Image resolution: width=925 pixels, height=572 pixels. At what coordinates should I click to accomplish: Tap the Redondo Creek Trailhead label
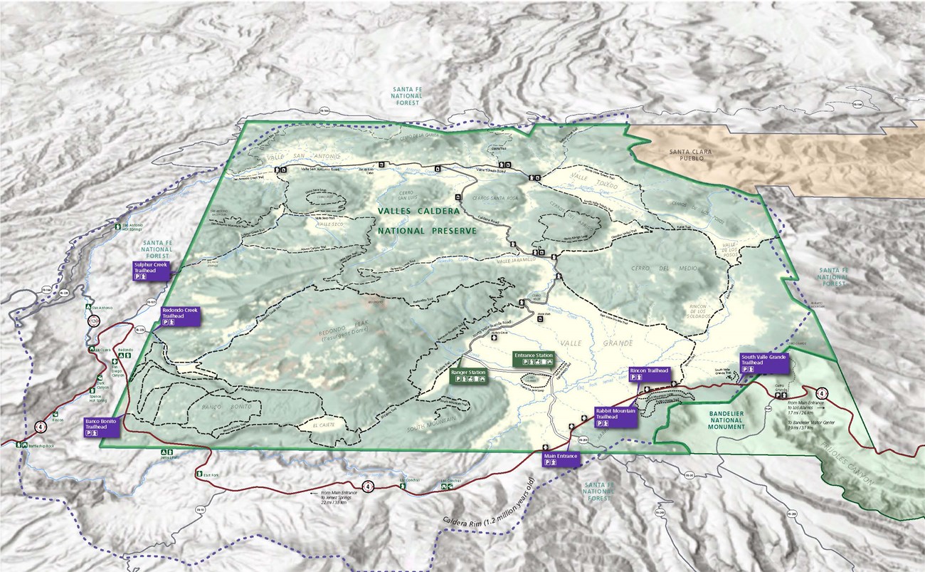coord(180,316)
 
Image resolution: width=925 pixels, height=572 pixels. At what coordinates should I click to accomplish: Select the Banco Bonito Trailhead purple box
coord(101,427)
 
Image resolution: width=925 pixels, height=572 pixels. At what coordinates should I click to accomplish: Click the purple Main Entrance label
coord(561,458)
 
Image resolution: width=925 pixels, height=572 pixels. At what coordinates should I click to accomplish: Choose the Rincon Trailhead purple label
coord(650,375)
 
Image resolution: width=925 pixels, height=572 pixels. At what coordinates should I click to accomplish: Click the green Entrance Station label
coord(534,358)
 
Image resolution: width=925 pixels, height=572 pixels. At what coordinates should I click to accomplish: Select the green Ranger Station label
coord(468,375)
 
